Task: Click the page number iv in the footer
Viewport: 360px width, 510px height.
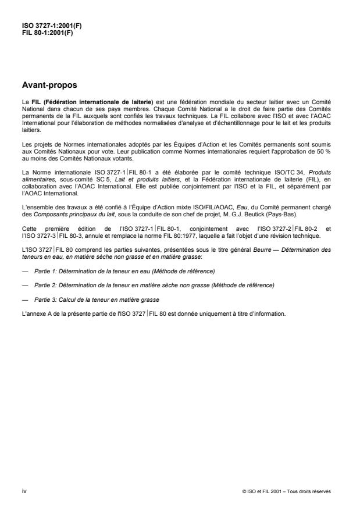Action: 23,491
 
